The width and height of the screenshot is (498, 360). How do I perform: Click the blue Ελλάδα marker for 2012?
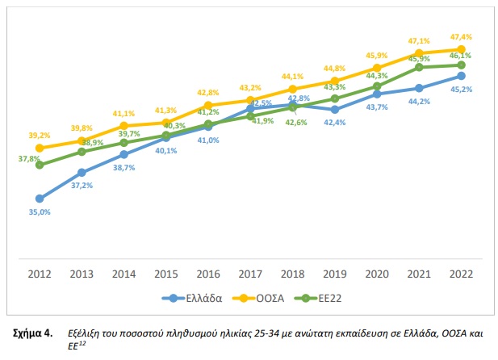point(40,199)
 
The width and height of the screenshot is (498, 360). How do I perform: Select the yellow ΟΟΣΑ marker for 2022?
point(461,50)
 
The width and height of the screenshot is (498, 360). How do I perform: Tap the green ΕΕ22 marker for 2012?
point(40,165)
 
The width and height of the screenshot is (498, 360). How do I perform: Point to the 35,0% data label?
point(40,211)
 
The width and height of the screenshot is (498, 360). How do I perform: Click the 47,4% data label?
point(462,37)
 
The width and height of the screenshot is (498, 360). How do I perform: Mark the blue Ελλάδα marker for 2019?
point(334,109)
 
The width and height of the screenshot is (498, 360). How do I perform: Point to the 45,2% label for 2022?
point(462,90)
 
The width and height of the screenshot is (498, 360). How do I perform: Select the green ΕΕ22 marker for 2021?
point(419,67)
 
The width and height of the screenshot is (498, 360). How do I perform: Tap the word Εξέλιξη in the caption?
point(86,332)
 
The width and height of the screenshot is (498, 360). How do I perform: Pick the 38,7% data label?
point(123,167)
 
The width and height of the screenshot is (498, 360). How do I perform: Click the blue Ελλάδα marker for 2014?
point(123,154)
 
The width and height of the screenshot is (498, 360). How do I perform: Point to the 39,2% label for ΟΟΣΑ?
point(40,136)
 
